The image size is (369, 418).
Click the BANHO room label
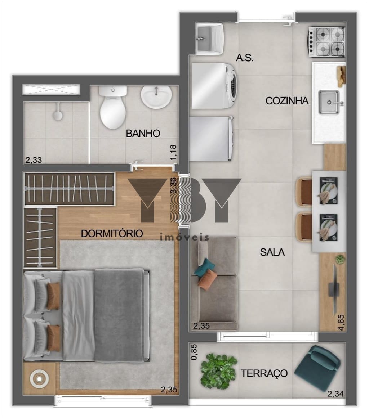click(143, 133)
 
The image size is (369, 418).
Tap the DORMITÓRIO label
click(112, 234)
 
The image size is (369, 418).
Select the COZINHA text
click(287, 101)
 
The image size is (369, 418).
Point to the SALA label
click(272, 252)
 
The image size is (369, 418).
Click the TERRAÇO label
click(264, 373)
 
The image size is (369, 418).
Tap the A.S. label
click(244, 58)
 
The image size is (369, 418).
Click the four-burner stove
click(327, 42)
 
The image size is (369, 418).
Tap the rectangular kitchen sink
click(329, 102)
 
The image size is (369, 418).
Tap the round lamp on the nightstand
click(40, 378)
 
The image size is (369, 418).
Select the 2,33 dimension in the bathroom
click(34, 160)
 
